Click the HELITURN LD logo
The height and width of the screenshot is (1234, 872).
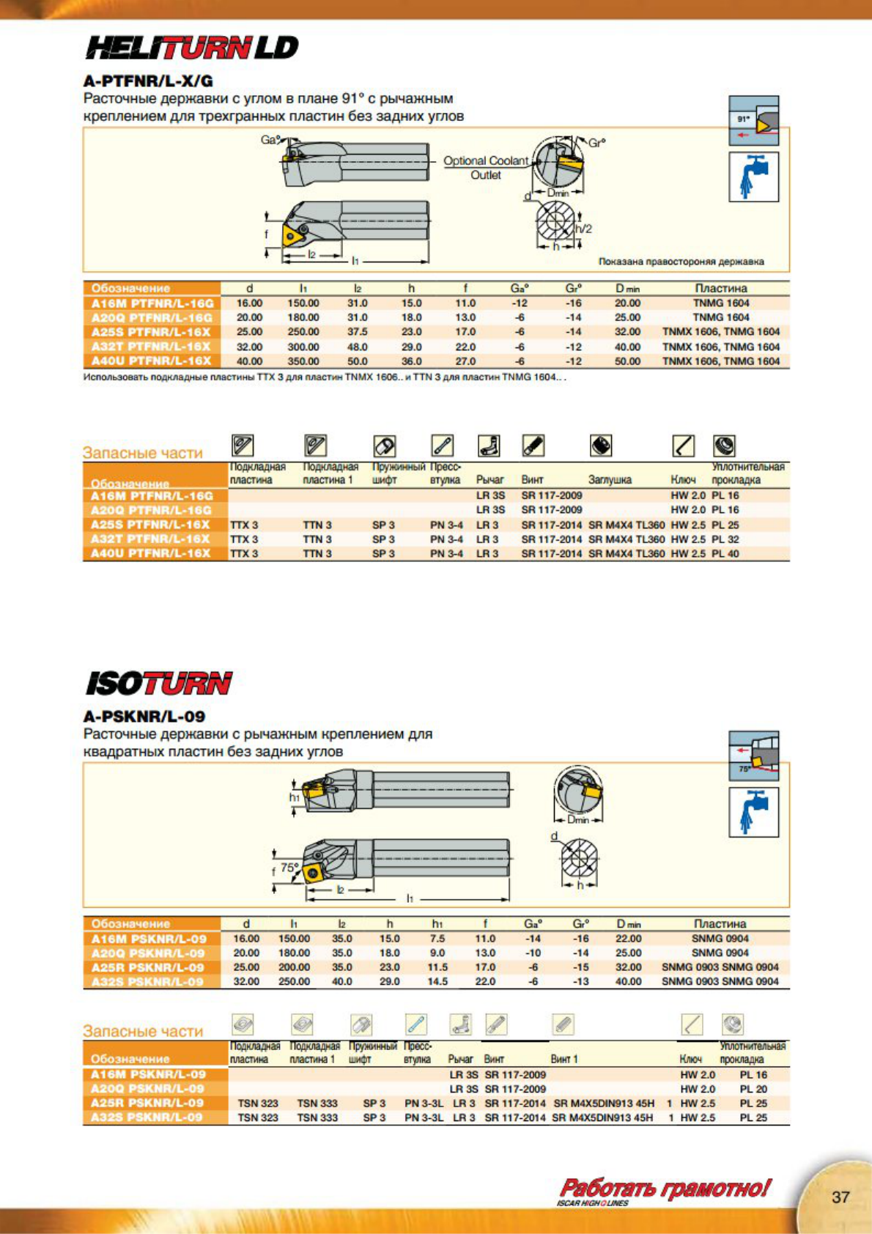pos(192,48)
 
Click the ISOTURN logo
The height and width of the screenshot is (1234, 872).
pos(159,684)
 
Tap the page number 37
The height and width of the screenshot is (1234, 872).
pos(840,1197)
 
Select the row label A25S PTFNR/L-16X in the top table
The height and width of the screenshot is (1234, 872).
pos(151,332)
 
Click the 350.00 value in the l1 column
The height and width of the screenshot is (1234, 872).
pos(303,361)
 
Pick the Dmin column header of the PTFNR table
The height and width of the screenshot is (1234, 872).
pos(627,289)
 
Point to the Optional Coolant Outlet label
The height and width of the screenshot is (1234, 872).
pos(485,168)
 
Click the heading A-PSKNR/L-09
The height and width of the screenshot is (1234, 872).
pos(144,717)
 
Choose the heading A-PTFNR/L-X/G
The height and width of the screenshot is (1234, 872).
pos(148,81)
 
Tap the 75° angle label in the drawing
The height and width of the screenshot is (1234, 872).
pos(290,867)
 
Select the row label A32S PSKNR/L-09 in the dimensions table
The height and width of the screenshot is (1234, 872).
pos(147,982)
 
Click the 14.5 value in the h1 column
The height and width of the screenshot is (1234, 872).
pos(437,982)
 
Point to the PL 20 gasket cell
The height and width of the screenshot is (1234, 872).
pos(753,1089)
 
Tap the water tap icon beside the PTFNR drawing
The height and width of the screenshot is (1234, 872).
pos(753,177)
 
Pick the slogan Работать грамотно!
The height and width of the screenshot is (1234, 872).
pos(664,1188)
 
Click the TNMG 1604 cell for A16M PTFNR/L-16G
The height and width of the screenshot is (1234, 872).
pos(721,303)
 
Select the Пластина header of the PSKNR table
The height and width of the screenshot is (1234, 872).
pos(720,924)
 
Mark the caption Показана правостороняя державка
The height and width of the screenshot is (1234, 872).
pos(681,262)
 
